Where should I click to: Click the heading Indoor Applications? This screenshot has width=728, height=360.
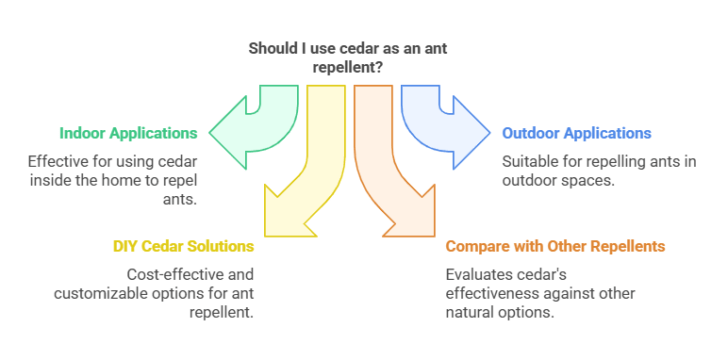point(128,133)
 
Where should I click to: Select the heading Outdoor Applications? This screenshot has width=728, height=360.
point(576,133)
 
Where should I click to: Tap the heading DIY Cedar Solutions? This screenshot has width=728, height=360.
point(184,246)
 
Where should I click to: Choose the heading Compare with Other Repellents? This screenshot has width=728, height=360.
point(555,246)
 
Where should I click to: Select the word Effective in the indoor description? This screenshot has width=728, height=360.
point(56,161)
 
